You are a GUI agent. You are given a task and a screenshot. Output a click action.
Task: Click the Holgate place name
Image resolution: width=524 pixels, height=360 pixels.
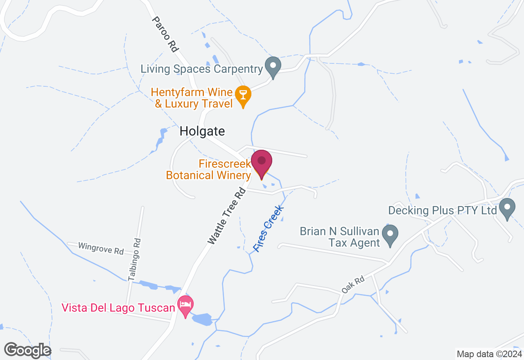[202, 131]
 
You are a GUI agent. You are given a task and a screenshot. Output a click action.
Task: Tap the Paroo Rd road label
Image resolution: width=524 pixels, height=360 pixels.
[165, 34]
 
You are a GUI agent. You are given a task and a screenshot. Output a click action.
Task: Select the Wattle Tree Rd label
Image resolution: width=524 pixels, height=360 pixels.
[226, 216]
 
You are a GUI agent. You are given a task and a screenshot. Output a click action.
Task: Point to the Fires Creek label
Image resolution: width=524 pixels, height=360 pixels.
[269, 229]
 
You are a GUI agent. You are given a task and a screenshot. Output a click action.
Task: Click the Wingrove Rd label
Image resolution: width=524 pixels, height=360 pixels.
[101, 248]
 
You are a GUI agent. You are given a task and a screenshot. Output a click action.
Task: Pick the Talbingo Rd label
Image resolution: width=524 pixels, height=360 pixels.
[135, 259]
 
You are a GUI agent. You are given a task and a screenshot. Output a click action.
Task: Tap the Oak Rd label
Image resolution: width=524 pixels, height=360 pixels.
[353, 286]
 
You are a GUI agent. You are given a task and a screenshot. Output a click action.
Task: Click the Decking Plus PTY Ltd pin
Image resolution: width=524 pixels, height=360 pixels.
[508, 208]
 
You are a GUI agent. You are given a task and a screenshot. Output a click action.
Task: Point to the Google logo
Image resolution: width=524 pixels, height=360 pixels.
[28, 350]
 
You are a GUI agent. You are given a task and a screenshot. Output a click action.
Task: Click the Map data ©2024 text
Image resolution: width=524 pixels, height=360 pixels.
[489, 354]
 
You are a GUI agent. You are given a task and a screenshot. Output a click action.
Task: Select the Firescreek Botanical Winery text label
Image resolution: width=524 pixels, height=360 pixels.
[208, 170]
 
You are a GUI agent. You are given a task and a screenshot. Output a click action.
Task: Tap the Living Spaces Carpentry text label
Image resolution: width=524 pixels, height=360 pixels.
[201, 69]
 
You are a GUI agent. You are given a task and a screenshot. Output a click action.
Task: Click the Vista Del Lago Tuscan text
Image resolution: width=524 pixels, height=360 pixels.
[118, 307]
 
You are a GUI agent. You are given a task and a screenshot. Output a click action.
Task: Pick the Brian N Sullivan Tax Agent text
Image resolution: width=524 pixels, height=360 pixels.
[340, 237]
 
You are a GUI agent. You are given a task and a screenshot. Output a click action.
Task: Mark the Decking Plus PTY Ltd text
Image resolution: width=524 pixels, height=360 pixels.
[443, 211]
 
